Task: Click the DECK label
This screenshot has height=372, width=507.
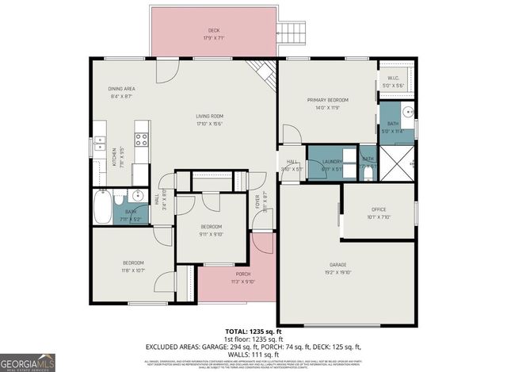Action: click(213, 31)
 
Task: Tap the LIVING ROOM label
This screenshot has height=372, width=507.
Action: click(209, 117)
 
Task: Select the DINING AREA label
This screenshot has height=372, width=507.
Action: click(122, 88)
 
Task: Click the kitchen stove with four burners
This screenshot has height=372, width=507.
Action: click(142, 140)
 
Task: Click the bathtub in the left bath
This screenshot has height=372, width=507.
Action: click(101, 207)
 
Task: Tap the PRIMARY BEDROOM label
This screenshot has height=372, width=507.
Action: click(328, 100)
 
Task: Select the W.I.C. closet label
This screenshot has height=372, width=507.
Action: click(394, 78)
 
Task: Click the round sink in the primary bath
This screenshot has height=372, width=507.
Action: click(407, 112)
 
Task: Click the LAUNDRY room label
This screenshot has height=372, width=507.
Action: click(332, 161)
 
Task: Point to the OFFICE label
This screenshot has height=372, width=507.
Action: click(379, 209)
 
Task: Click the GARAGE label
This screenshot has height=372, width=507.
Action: click(338, 264)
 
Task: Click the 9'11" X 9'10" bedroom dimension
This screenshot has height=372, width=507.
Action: click(211, 234)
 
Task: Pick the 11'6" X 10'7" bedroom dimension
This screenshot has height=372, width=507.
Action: click(132, 270)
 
